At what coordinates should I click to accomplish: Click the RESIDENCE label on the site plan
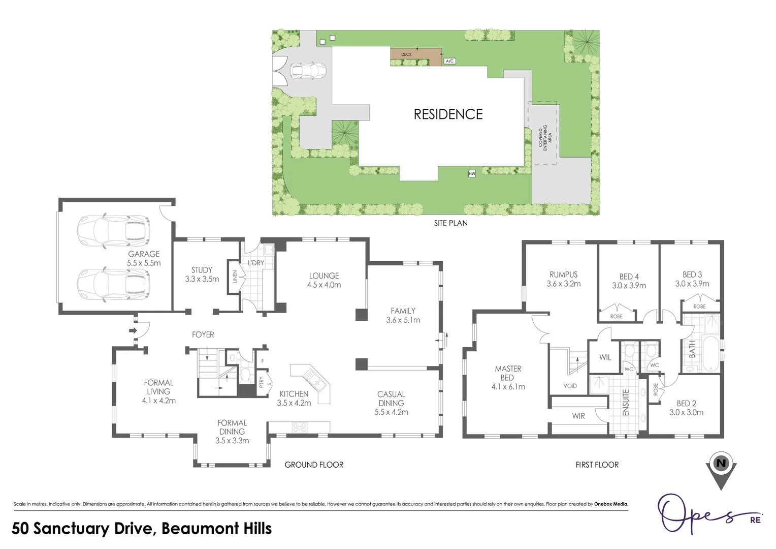point(448,114)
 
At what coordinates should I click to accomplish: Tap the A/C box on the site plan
point(449,61)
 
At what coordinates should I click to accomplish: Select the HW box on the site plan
point(472,174)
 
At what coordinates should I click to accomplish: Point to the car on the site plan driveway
point(307,71)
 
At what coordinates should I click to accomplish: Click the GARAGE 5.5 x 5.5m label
point(144,258)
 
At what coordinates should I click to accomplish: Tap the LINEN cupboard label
point(235,277)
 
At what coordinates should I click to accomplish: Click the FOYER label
point(203,334)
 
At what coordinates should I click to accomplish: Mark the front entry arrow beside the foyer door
point(133,331)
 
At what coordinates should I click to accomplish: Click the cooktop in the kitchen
point(300,428)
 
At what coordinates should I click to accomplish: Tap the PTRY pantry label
point(262,381)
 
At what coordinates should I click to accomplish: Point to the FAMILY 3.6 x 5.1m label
point(403,315)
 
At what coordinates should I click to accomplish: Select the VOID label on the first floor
point(570,386)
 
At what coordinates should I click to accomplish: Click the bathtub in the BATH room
point(710,353)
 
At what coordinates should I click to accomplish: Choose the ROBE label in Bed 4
point(616,316)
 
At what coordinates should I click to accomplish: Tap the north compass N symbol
point(721,463)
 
